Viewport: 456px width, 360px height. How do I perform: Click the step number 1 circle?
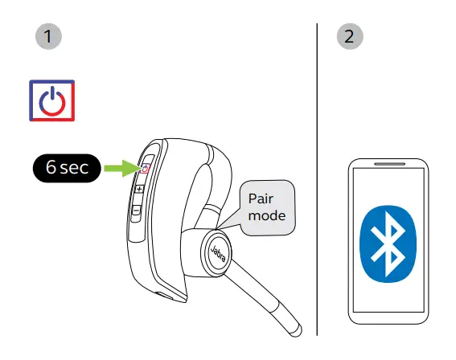pos(50,36)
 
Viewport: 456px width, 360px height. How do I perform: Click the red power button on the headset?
pos(146,169)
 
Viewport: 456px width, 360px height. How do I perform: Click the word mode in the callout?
pos(265,215)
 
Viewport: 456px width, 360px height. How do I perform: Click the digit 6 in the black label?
pos(51,168)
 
